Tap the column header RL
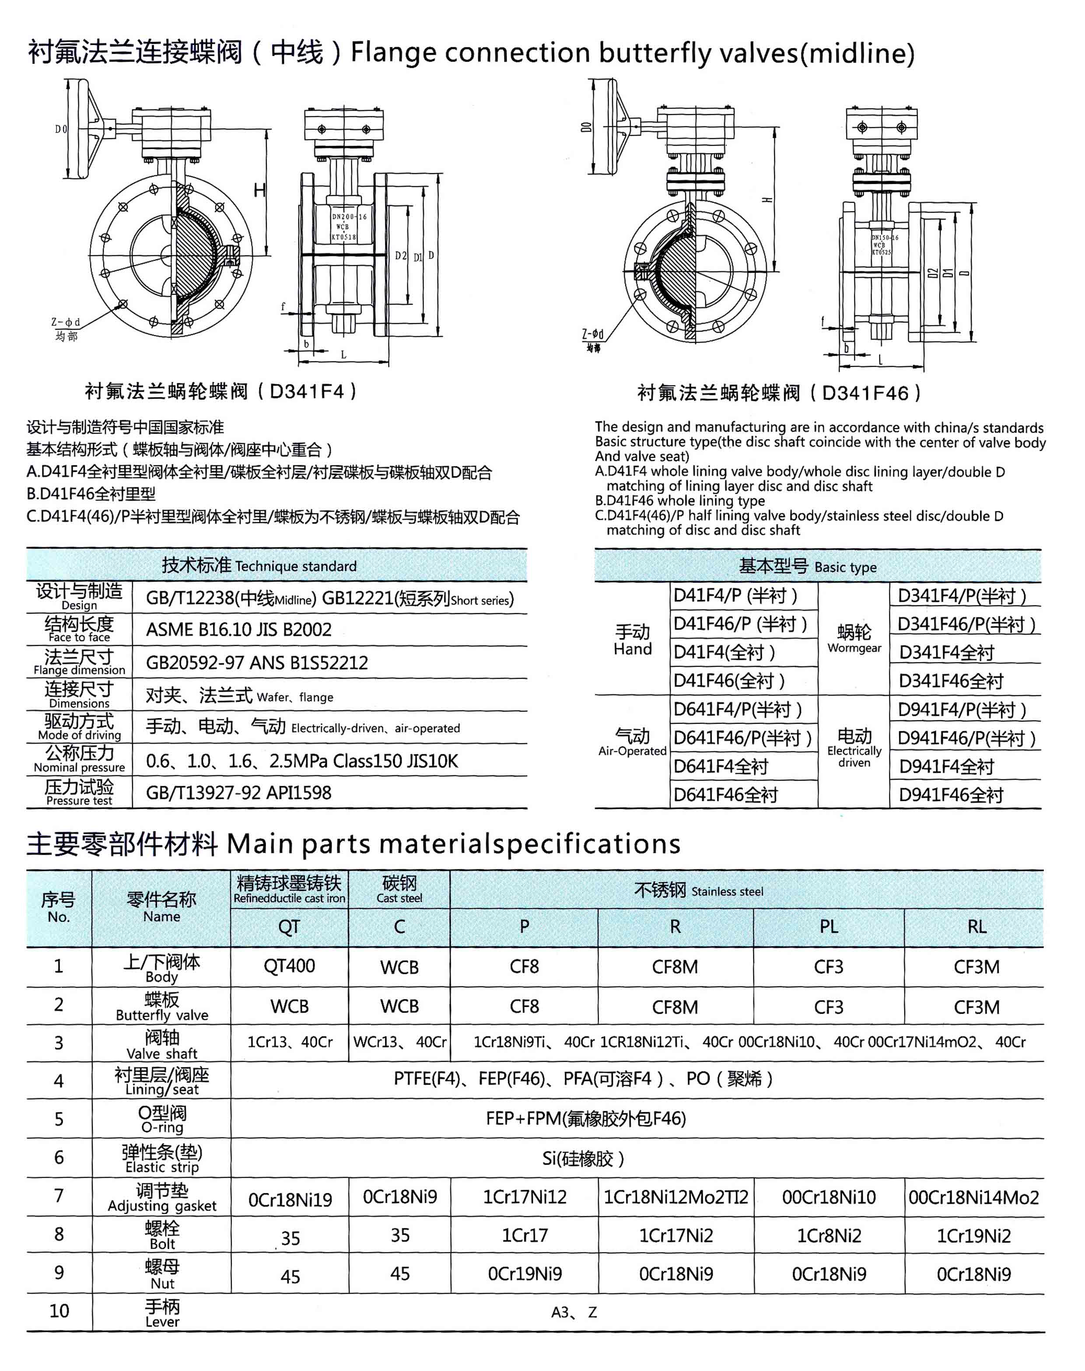pyautogui.click(x=977, y=927)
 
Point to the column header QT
pyautogui.click(x=289, y=927)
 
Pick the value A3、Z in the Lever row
pyautogui.click(x=574, y=1312)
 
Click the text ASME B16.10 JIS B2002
pyautogui.click(x=239, y=629)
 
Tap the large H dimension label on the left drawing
pyautogui.click(x=260, y=190)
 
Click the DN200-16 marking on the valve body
pyautogui.click(x=350, y=216)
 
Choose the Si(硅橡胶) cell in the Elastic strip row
pyautogui.click(x=583, y=1159)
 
